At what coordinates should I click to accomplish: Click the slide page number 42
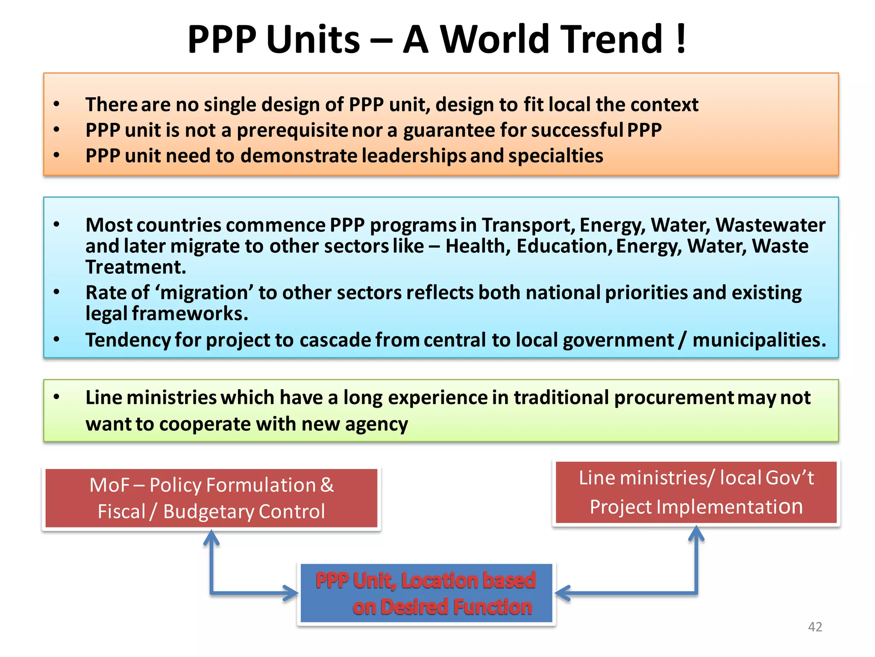(x=815, y=627)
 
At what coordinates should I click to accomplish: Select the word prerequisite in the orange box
(x=292, y=130)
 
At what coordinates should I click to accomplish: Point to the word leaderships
(x=414, y=156)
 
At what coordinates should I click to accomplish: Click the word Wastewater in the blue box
(x=770, y=225)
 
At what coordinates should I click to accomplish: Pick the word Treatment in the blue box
(x=136, y=267)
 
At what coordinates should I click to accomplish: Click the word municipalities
(x=759, y=340)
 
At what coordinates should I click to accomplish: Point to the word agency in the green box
(x=376, y=424)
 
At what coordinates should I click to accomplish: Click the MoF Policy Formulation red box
(x=211, y=498)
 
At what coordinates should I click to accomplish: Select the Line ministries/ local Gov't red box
(x=696, y=492)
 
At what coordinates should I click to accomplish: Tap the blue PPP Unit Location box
(x=426, y=593)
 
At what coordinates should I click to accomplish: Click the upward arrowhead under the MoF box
(x=211, y=537)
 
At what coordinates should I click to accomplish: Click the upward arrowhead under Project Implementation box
(x=696, y=533)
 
